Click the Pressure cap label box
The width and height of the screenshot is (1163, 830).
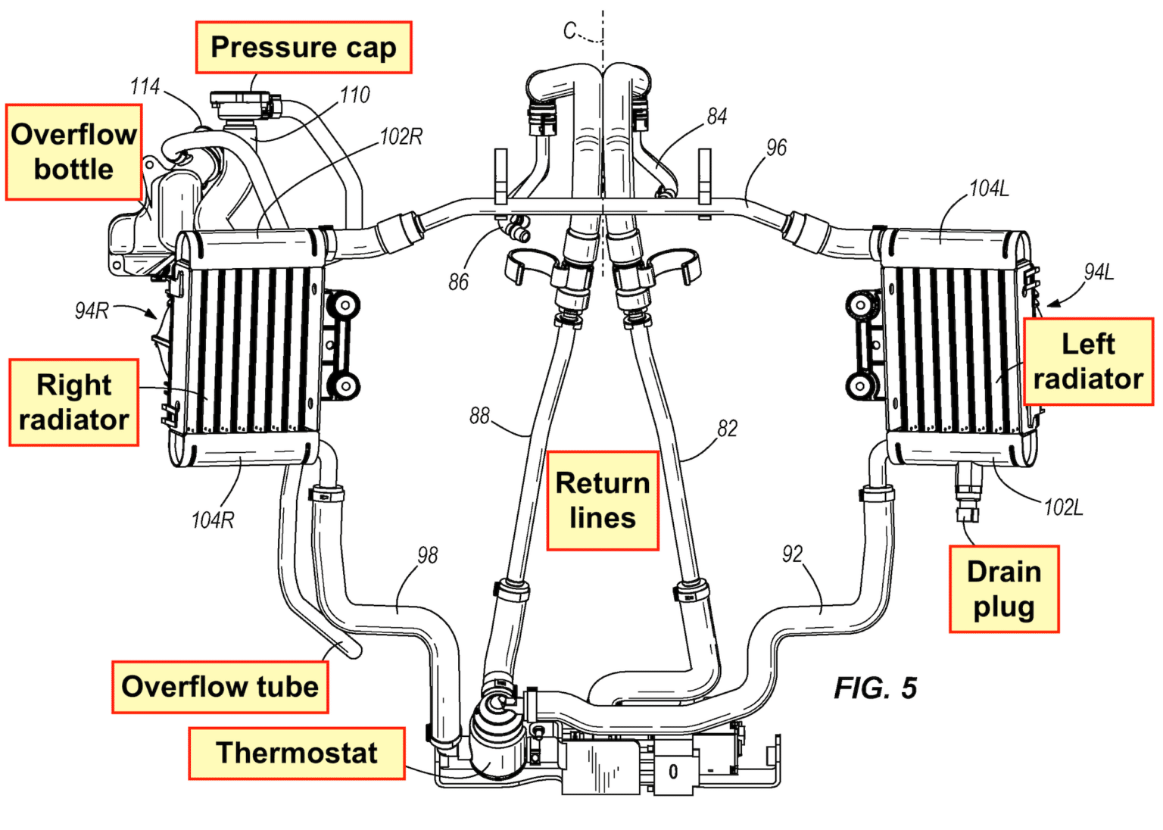click(x=303, y=48)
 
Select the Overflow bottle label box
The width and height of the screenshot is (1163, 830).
click(x=73, y=152)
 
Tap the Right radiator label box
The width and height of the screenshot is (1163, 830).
click(x=73, y=402)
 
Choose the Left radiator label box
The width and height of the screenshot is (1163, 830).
click(x=1087, y=362)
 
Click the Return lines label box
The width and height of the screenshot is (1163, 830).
click(x=603, y=501)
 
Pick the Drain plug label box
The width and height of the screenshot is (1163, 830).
click(x=1003, y=589)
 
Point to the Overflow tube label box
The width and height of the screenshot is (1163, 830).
click(x=220, y=687)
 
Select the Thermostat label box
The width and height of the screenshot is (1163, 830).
click(x=297, y=754)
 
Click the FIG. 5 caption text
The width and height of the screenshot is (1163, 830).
click(x=875, y=688)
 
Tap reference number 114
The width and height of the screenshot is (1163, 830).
click(x=145, y=86)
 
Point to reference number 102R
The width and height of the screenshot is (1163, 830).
click(x=401, y=137)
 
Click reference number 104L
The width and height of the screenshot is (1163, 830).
click(x=989, y=189)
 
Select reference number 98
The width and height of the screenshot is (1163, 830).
click(x=427, y=555)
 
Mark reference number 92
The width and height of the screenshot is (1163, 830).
click(x=792, y=554)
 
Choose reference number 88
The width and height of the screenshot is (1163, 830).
click(x=479, y=416)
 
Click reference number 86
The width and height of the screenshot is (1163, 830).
click(x=458, y=282)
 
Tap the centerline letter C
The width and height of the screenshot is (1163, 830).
click(x=570, y=30)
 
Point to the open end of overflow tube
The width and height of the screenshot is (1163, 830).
click(x=353, y=649)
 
